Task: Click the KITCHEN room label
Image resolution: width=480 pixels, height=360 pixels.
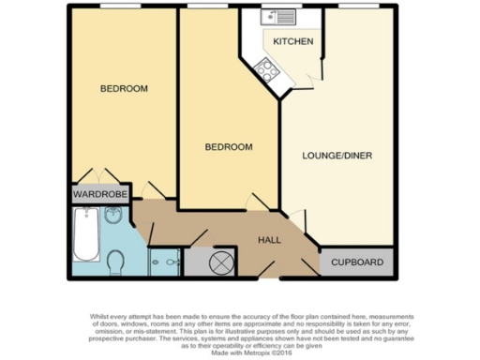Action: coord(292,42)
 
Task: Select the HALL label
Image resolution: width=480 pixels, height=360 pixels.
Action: coord(270,240)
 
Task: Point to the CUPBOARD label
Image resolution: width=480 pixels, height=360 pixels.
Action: coord(357,263)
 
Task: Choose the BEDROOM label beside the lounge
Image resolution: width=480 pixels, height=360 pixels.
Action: coord(230,148)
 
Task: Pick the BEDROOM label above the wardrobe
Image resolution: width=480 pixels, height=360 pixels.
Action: coord(124,89)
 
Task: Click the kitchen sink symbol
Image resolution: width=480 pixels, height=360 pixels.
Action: coord(279,17)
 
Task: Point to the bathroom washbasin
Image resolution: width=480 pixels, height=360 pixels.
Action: coord(113,217)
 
